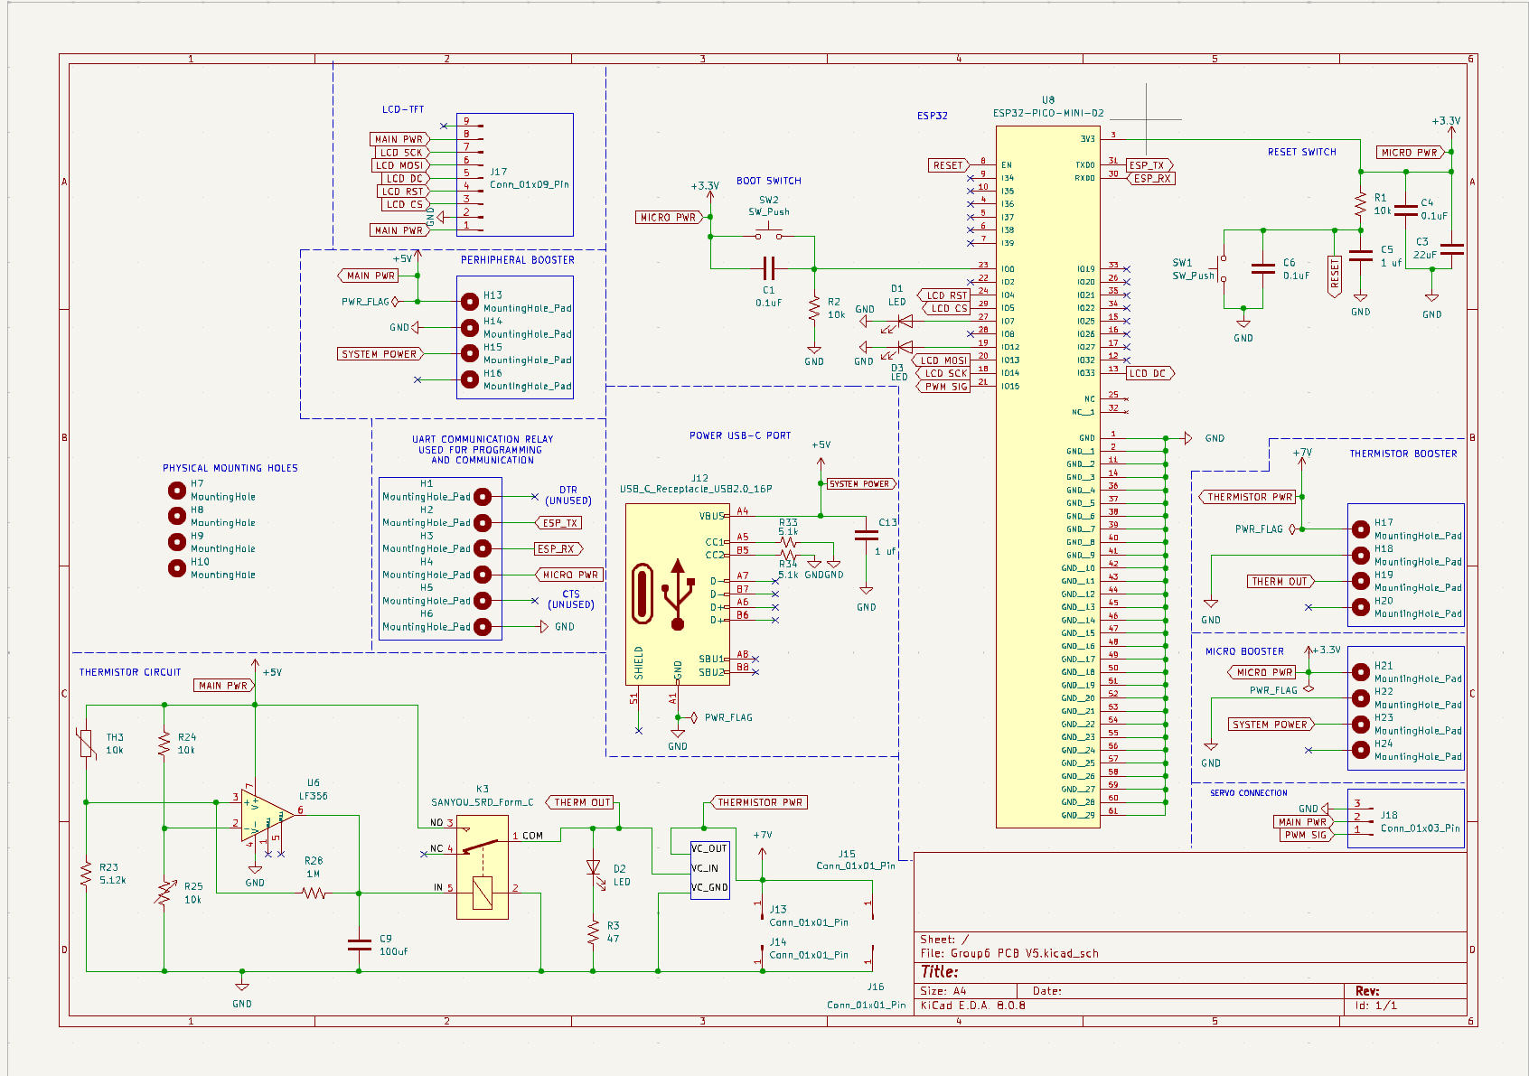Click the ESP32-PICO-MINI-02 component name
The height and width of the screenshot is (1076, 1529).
click(x=1048, y=113)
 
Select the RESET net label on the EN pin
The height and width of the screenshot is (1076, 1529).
click(x=948, y=165)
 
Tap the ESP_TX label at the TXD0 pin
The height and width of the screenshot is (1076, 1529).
click(x=1148, y=165)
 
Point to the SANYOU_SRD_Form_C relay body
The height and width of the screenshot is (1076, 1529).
click(x=482, y=867)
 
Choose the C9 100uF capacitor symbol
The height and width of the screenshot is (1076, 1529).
click(x=359, y=945)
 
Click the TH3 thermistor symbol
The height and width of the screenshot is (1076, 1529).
click(x=87, y=744)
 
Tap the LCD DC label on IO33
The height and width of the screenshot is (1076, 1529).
click(x=1149, y=373)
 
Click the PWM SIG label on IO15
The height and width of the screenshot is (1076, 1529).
click(x=945, y=387)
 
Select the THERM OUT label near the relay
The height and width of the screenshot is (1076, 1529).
click(x=581, y=802)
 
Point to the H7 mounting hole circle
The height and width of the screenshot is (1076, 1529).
click(x=177, y=490)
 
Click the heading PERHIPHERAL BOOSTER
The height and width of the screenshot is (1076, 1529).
click(x=517, y=260)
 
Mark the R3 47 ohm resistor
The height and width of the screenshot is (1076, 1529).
click(x=593, y=932)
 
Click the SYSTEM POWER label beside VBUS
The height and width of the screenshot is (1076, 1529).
click(x=859, y=484)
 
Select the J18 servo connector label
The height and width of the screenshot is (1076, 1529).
click(x=1388, y=815)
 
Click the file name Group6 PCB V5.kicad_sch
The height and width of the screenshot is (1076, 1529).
click(x=1024, y=953)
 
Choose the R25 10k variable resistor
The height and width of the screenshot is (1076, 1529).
click(x=164, y=894)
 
